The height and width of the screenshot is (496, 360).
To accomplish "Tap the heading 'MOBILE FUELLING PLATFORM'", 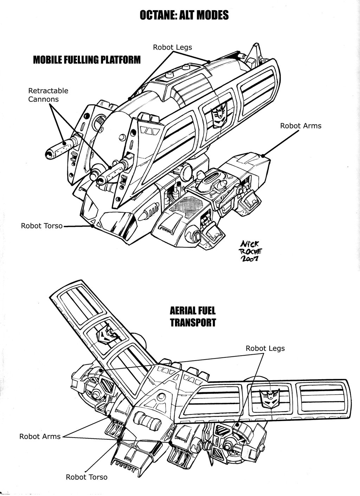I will point(86,60).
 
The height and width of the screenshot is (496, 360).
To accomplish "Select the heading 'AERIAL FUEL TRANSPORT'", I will point(193,317).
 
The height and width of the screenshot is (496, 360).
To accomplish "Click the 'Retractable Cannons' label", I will point(48,95).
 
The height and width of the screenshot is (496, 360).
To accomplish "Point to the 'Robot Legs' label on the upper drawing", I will point(172,47).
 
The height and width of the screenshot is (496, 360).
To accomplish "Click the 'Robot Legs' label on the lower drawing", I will point(265,348).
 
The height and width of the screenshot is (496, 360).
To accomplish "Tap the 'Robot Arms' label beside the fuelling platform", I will point(301,126).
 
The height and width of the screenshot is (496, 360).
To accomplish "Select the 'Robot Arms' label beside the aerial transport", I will point(40,437).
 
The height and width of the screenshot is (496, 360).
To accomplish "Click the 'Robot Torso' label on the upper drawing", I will point(41,226).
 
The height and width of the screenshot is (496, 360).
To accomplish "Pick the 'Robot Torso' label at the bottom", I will point(86,477).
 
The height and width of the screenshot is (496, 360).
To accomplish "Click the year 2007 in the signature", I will point(249,259).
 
